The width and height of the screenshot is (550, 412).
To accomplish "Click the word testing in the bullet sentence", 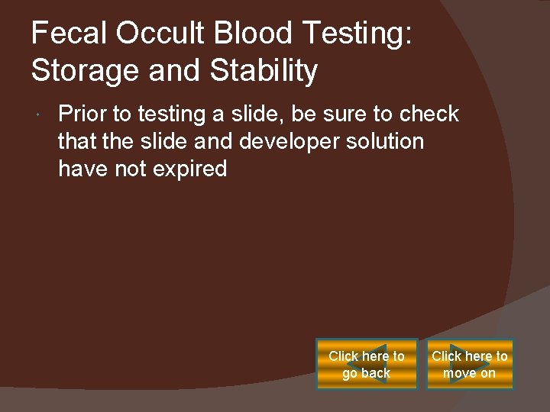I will tap(166, 114).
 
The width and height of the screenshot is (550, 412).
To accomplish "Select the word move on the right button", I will tap(461, 373).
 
